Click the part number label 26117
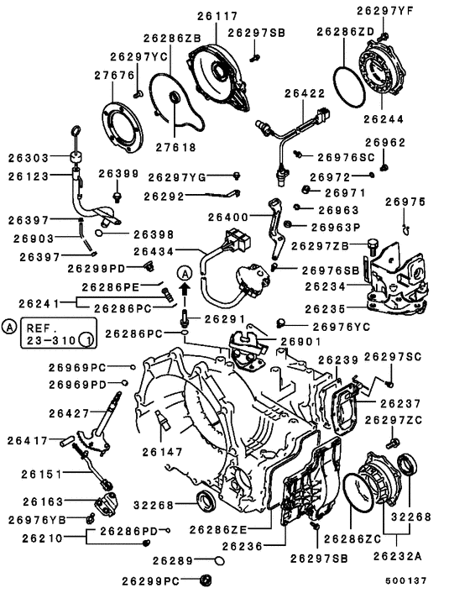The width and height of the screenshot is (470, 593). click(x=218, y=15)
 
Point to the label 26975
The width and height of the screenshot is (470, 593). click(x=405, y=202)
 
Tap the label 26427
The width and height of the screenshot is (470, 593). click(x=69, y=413)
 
